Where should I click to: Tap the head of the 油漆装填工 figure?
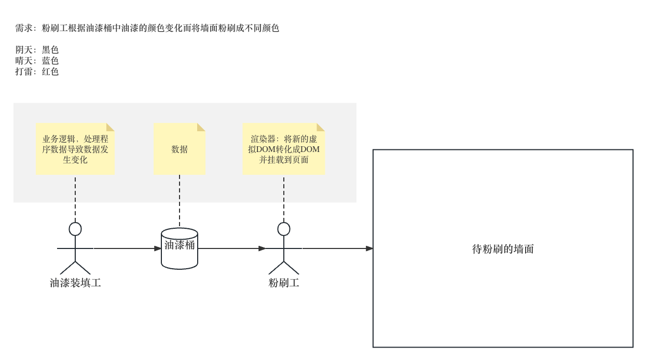click(x=75, y=229)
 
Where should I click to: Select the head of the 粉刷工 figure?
click(x=284, y=229)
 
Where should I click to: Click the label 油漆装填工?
click(x=75, y=283)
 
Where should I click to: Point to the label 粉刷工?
click(x=284, y=283)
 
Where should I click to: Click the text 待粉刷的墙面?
click(x=503, y=249)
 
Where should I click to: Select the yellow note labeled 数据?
click(x=180, y=149)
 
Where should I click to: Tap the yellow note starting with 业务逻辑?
click(x=75, y=149)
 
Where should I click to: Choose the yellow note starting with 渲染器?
click(x=284, y=149)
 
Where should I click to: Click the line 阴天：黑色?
click(x=37, y=50)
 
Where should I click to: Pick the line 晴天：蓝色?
click(x=37, y=61)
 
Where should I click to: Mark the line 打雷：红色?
click(x=37, y=72)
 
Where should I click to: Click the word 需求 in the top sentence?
click(x=23, y=28)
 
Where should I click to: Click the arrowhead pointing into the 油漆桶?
click(x=158, y=248)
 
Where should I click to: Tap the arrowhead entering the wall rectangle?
click(x=369, y=248)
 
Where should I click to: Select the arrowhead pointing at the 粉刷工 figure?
click(x=263, y=248)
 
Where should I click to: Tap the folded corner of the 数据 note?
click(x=202, y=127)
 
